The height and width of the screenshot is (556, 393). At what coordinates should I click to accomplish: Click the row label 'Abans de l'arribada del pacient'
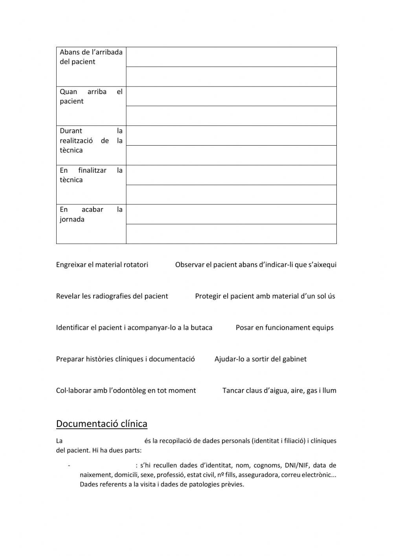pyautogui.click(x=91, y=57)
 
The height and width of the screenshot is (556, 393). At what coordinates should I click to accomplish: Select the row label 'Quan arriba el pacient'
pyautogui.click(x=91, y=96)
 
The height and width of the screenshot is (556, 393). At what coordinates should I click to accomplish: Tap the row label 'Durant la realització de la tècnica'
pyautogui.click(x=91, y=140)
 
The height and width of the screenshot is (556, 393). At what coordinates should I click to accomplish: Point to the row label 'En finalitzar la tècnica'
pyautogui.click(x=91, y=175)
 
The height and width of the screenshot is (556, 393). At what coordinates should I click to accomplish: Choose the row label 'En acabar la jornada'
pyautogui.click(x=91, y=214)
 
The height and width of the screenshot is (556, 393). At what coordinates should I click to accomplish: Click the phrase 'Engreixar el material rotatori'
pyautogui.click(x=102, y=265)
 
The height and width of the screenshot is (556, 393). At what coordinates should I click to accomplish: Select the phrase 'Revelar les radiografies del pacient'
pyautogui.click(x=112, y=296)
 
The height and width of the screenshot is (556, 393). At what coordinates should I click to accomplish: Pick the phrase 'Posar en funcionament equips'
pyautogui.click(x=285, y=328)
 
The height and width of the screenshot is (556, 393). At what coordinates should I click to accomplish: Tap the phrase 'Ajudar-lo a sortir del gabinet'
pyautogui.click(x=261, y=359)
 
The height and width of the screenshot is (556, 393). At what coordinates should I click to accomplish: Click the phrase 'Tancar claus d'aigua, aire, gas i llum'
pyautogui.click(x=279, y=391)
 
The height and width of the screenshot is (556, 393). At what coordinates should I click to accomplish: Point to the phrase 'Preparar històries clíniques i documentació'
pyautogui.click(x=125, y=359)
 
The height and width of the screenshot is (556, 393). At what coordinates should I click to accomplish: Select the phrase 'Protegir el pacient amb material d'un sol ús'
pyautogui.click(x=265, y=296)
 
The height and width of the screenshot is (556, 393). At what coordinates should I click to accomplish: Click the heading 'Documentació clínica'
pyautogui.click(x=102, y=424)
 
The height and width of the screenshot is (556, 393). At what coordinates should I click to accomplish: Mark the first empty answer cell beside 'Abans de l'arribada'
pyautogui.click(x=231, y=57)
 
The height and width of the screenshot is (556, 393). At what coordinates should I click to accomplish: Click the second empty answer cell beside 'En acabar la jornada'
pyautogui.click(x=231, y=234)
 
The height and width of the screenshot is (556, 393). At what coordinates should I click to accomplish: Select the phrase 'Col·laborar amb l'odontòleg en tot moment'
pyautogui.click(x=126, y=391)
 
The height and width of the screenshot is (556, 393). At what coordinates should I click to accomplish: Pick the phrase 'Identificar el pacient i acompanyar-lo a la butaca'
pyautogui.click(x=134, y=328)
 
